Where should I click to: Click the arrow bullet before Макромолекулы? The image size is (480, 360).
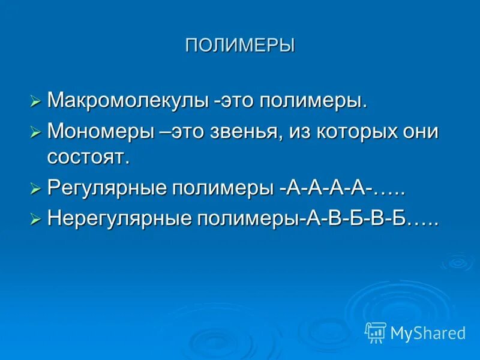35,101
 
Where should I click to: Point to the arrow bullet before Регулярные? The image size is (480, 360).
35,189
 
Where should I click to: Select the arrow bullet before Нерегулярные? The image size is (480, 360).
35,220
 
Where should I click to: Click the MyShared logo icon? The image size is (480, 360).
376,332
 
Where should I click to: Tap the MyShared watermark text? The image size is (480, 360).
428,333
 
